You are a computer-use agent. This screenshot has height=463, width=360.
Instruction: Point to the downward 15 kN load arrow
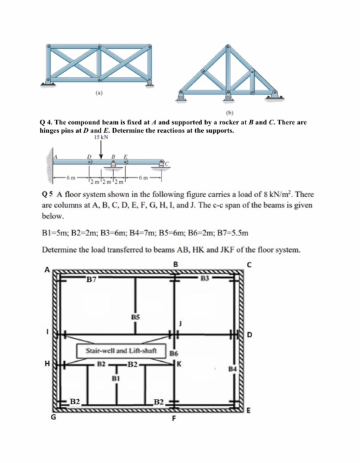101,151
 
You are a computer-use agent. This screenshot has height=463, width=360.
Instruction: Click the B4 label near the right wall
231,367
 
